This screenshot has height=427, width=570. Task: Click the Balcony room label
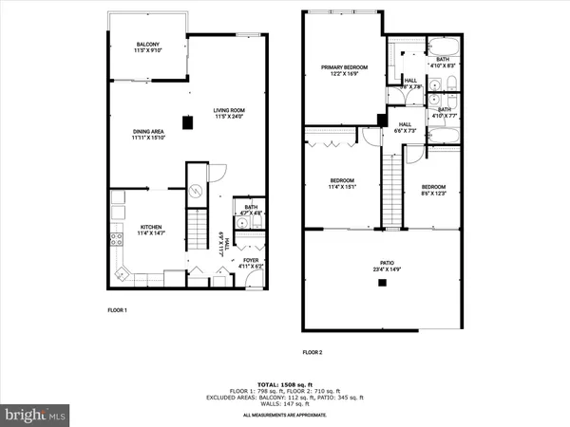(147, 48)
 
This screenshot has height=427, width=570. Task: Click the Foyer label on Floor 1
(250, 264)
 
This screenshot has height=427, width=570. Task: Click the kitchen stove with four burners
(118, 239)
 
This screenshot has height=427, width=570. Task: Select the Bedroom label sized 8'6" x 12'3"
(433, 190)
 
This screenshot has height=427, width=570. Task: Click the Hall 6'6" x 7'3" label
(405, 128)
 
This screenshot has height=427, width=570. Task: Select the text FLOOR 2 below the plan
(313, 352)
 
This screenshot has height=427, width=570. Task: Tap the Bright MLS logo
(36, 414)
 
